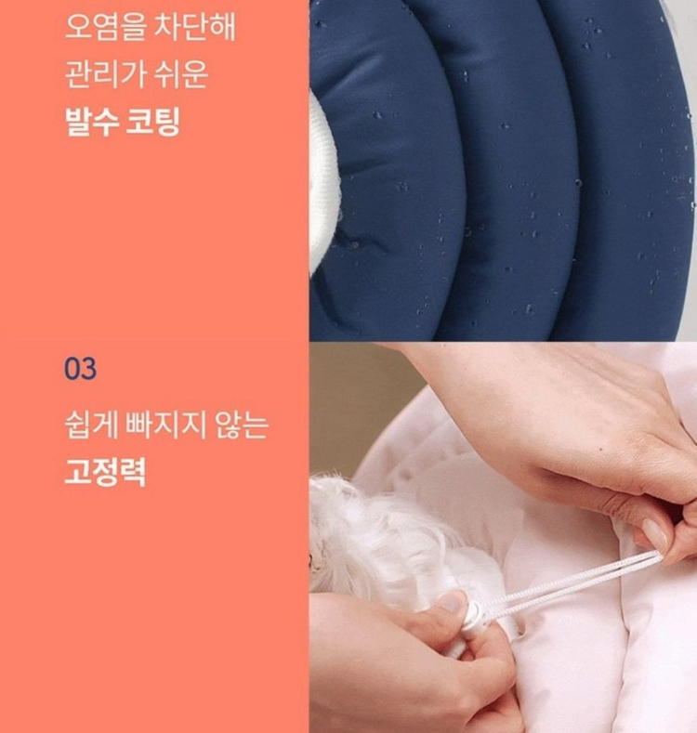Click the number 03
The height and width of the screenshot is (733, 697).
[80, 369]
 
